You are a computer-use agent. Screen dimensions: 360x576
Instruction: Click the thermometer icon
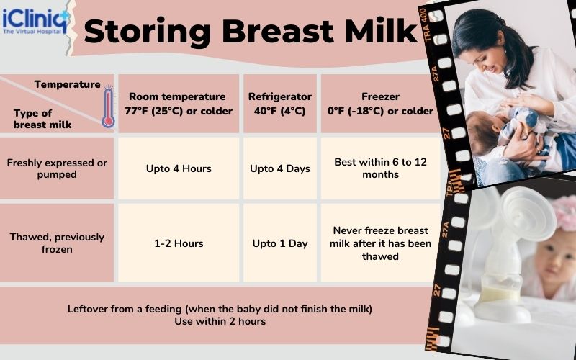tap(108, 107)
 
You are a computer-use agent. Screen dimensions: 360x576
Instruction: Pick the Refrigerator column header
tap(280, 104)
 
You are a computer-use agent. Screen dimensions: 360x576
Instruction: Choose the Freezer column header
tap(380, 104)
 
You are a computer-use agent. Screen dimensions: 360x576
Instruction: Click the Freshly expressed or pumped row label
tap(57, 168)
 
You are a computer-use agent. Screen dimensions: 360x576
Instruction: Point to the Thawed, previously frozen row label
tap(57, 243)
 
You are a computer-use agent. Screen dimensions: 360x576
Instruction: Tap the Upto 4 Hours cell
tap(179, 168)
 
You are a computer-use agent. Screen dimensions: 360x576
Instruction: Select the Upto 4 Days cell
tap(280, 168)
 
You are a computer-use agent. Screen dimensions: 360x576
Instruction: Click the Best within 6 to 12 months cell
tap(380, 168)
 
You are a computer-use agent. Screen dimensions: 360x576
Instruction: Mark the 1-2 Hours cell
tap(179, 243)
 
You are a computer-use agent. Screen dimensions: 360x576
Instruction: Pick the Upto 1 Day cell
tap(280, 243)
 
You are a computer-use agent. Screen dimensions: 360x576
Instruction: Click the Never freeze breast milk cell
tap(380, 243)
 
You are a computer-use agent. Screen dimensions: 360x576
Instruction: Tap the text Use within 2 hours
tap(220, 321)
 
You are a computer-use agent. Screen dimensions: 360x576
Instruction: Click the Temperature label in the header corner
tap(67, 84)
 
